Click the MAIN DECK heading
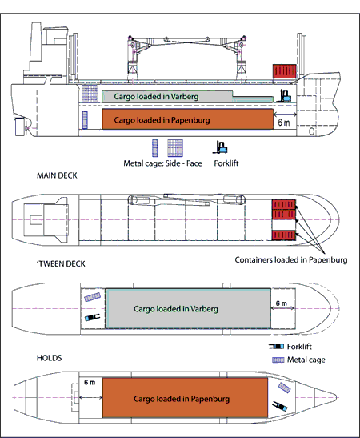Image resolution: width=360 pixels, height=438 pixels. (57, 175)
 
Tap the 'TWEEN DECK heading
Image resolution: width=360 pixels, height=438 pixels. (61, 263)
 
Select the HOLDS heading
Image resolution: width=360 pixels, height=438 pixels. (49, 358)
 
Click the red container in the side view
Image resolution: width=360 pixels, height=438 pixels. (284, 71)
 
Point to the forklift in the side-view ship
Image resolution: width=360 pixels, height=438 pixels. (284, 96)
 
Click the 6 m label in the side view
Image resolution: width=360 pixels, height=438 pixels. (284, 123)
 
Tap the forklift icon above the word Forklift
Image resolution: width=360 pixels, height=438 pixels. (220, 147)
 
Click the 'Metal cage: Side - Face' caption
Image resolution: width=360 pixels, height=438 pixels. (162, 163)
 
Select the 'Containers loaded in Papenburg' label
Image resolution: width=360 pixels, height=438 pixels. (291, 260)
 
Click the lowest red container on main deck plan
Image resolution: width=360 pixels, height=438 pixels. (283, 235)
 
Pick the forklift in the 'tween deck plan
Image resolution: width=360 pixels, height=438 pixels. (92, 318)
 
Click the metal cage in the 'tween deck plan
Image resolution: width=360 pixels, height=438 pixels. (92, 297)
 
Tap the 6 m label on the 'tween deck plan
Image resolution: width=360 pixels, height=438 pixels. (282, 303)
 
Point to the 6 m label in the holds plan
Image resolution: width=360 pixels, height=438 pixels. (90, 382)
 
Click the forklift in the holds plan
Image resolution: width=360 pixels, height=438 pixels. (280, 406)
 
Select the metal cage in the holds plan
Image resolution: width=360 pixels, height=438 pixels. (284, 388)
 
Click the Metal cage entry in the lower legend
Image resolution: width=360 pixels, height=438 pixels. (298, 360)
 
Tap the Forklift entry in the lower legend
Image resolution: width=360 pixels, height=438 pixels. (290, 347)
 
